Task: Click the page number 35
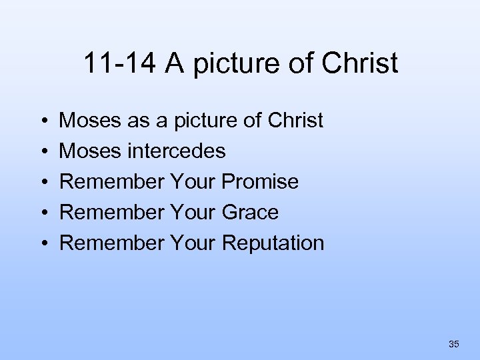pos(454,344)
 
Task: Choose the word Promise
pos(261,182)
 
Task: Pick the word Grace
pos(250,213)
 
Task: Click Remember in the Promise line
pos(112,182)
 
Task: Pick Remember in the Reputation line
pos(112,243)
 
